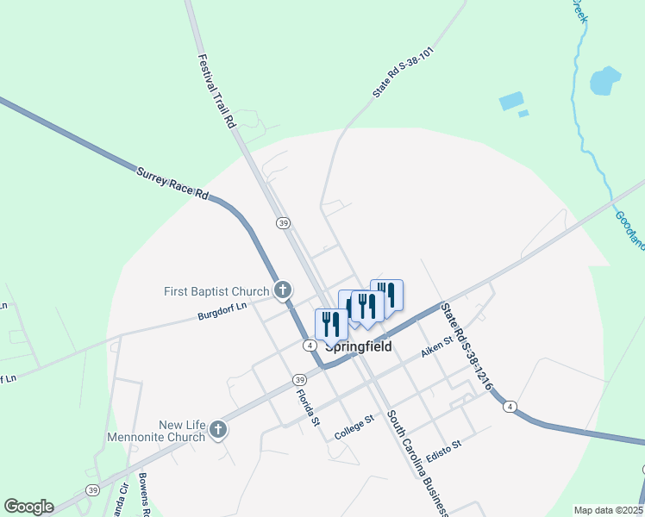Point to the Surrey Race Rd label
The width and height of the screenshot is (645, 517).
[173, 183]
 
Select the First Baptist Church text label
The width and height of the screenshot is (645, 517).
[217, 292]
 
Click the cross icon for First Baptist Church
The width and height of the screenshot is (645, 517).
[282, 291]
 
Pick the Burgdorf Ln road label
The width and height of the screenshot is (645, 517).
[222, 305]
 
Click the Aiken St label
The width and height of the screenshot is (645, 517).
[437, 342]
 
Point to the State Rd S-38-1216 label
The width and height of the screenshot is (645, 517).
[466, 347]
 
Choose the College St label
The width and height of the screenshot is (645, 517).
[354, 427]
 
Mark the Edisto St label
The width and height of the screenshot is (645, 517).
[445, 450]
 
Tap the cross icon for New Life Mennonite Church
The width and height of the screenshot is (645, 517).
[218, 429]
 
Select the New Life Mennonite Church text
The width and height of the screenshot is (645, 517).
[156, 431]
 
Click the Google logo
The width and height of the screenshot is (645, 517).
[28, 507]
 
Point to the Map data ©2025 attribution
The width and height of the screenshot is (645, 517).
[608, 510]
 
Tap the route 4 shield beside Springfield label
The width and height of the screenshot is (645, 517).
[309, 346]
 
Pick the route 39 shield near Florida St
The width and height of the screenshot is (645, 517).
[299, 380]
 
